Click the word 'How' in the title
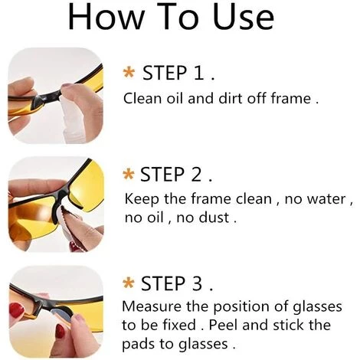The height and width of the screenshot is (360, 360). tap(106, 17)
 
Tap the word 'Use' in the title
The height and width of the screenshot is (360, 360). tap(244, 17)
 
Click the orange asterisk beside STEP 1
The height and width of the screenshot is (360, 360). tap(129, 72)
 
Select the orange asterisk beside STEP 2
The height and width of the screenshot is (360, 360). tap(129, 174)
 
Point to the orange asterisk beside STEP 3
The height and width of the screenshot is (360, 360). tap(129, 283)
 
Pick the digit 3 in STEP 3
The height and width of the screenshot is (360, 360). tap(197, 283)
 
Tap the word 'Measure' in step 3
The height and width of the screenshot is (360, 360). tap(152, 306)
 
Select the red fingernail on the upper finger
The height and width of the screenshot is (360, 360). tap(17, 310)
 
